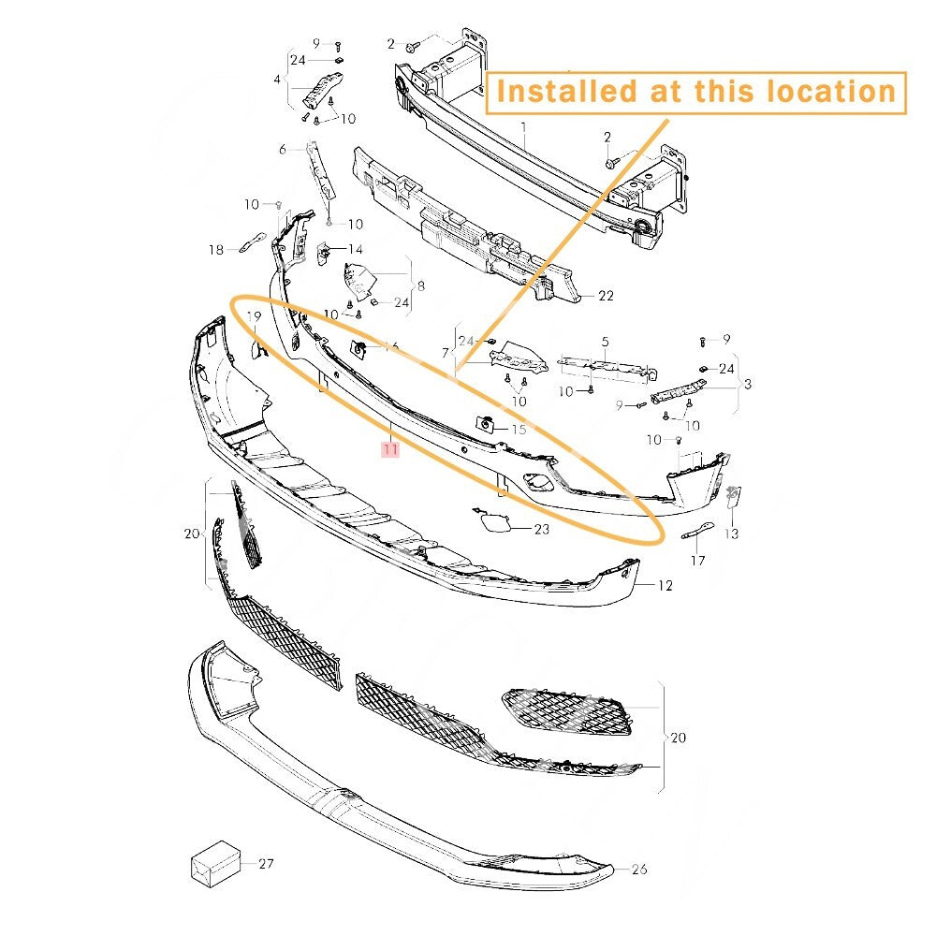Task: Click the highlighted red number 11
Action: pyautogui.click(x=390, y=448)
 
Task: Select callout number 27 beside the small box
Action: pyautogui.click(x=266, y=864)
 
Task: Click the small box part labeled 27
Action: pyautogui.click(x=215, y=863)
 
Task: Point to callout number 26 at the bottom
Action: pyautogui.click(x=639, y=870)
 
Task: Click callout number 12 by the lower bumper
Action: pyautogui.click(x=665, y=586)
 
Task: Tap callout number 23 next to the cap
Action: pyautogui.click(x=541, y=529)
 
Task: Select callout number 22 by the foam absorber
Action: pyautogui.click(x=606, y=296)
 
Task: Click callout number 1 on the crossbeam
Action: pyautogui.click(x=523, y=127)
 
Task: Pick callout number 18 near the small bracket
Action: pyautogui.click(x=216, y=250)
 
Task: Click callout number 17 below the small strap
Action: pyautogui.click(x=698, y=561)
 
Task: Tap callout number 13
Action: pyautogui.click(x=731, y=534)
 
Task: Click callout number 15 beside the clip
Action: pyautogui.click(x=519, y=430)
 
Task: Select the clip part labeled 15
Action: pyautogui.click(x=485, y=424)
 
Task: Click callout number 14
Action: pyautogui.click(x=355, y=250)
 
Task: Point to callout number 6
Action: pyautogui.click(x=283, y=149)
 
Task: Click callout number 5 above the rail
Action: pyautogui.click(x=606, y=342)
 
